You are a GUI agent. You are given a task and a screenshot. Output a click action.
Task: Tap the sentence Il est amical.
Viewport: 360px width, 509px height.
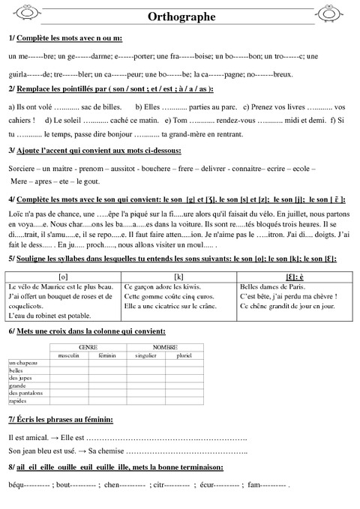[29, 437]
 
